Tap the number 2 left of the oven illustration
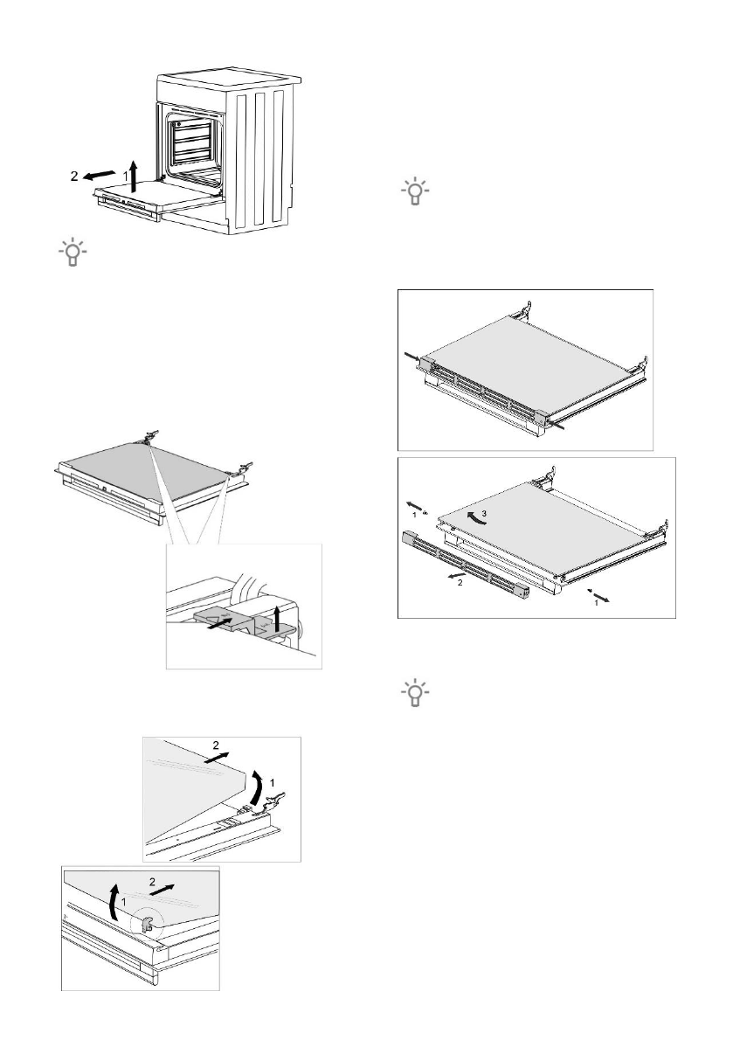click(76, 176)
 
